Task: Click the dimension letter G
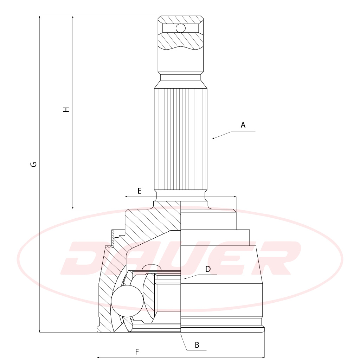coord(33,165)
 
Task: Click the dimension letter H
coord(66,109)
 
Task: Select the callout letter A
coord(243,125)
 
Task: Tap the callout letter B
coord(197,345)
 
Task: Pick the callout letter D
coord(208,269)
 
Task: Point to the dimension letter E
coord(140,191)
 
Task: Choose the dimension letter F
coord(137,352)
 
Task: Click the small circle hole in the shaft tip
coord(180,28)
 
